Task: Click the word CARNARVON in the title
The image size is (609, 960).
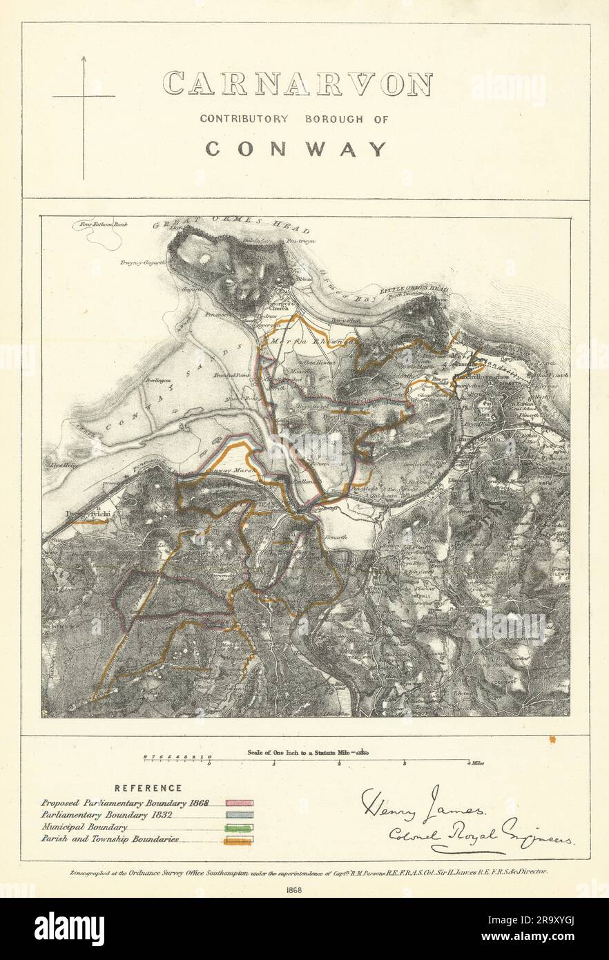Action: coord(297,84)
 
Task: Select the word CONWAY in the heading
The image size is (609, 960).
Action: coord(296,148)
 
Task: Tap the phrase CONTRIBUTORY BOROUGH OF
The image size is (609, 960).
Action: coord(294,119)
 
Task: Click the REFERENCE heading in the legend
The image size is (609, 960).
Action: coord(148,788)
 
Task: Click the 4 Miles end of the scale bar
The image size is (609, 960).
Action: coord(472,762)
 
